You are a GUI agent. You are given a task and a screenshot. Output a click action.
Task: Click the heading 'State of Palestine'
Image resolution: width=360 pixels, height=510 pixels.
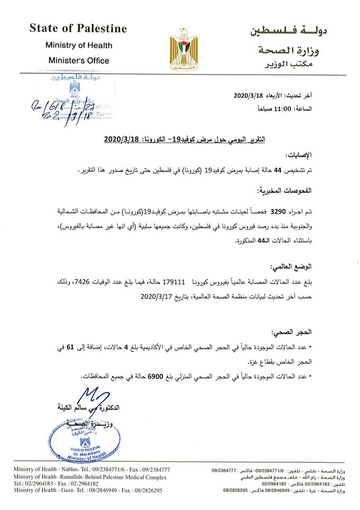(x=78, y=29)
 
